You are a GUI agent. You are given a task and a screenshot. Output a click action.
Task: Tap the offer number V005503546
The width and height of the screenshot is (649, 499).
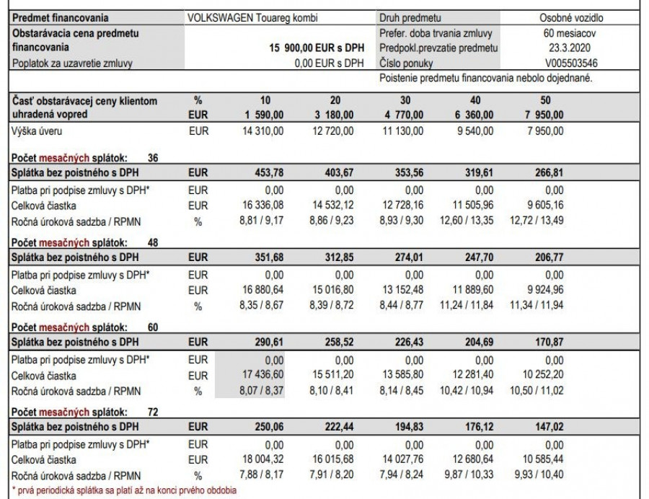point(562,63)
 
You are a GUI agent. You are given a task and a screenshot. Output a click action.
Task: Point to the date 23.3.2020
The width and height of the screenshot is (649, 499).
point(562,48)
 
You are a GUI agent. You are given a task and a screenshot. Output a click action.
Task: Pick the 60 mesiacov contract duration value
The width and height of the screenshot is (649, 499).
point(562,32)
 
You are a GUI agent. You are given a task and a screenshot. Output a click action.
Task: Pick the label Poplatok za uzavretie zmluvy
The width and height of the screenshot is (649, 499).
point(71,63)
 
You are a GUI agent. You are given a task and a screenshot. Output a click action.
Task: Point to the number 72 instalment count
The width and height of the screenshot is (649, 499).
point(153,412)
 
